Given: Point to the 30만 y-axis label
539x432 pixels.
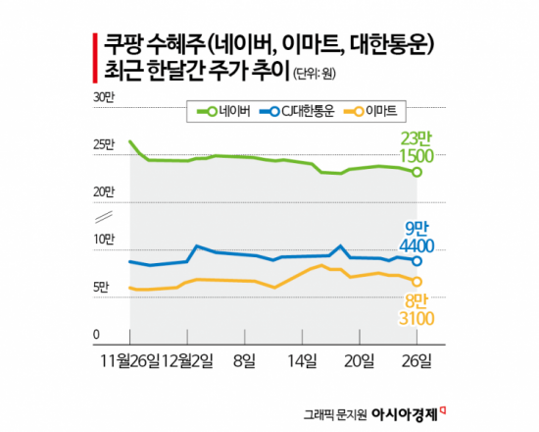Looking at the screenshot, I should pos(103,96).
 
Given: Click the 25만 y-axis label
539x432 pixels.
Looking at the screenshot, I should pos(103,145).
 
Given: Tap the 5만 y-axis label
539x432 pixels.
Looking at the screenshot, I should pos(101,288).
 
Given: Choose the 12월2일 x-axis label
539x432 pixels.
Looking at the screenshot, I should pos(188,360).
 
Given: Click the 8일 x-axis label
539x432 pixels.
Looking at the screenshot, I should pos(243,360).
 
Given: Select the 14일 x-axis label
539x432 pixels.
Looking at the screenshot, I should pos(304,360).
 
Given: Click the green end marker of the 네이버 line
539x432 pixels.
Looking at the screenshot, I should pos(418,173).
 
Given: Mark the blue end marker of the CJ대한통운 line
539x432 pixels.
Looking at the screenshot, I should pos(418,261).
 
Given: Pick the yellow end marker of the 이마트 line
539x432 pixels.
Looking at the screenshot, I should pos(418,282).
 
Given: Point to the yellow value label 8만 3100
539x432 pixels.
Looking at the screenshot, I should pos(416,309).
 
